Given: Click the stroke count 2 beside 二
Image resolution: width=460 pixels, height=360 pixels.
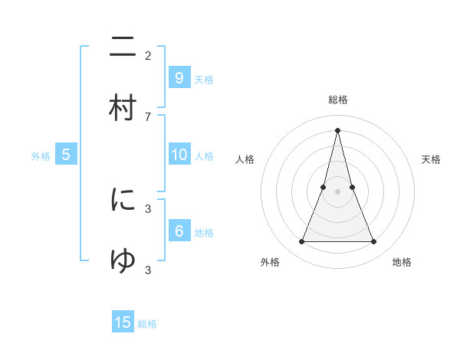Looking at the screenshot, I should pyautogui.click(x=148, y=55).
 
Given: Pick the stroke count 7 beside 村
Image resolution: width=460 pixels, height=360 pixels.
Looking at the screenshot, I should pyautogui.click(x=148, y=116).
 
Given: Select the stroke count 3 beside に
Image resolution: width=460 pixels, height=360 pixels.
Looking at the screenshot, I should pyautogui.click(x=148, y=208).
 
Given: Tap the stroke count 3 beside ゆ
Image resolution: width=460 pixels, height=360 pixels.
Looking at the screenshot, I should pyautogui.click(x=148, y=270).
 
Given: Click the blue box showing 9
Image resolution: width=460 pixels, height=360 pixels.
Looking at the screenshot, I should pyautogui.click(x=179, y=77).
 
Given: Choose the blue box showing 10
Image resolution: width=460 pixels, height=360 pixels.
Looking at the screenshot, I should pyautogui.click(x=179, y=155).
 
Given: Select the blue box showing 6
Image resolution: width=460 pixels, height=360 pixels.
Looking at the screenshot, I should pyautogui.click(x=179, y=231).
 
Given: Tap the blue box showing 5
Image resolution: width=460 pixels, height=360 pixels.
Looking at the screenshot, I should pyautogui.click(x=66, y=155).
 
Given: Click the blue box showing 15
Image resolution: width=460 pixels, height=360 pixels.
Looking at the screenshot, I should pyautogui.click(x=123, y=322).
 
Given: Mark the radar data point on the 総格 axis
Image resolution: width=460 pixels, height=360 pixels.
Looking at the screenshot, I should pyautogui.click(x=337, y=129).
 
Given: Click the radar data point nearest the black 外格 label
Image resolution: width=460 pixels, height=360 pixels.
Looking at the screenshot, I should pyautogui.click(x=301, y=242).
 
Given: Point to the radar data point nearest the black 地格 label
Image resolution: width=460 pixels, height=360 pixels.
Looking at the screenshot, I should pyautogui.click(x=374, y=242).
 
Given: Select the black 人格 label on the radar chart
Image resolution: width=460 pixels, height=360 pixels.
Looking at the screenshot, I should pyautogui.click(x=245, y=159).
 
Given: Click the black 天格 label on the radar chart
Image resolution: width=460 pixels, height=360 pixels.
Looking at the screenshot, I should pyautogui.click(x=431, y=159).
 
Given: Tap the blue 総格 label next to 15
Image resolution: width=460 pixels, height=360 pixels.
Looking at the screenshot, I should pyautogui.click(x=147, y=324).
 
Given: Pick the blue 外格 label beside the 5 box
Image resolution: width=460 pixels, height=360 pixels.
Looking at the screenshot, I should pyautogui.click(x=41, y=156).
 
